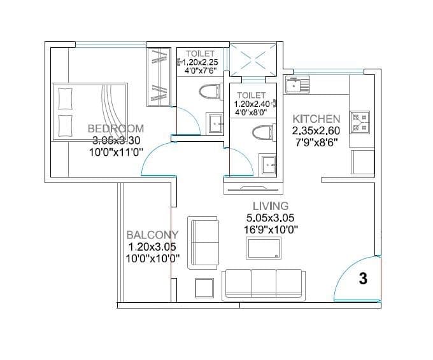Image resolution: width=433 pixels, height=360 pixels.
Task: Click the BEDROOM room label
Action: click(116, 128)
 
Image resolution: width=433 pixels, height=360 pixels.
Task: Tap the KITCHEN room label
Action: click(316, 119)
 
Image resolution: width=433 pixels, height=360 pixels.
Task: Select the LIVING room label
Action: click(271, 206)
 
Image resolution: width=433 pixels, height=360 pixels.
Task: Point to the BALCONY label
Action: click(152, 235)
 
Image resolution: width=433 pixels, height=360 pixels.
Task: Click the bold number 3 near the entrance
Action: click(363, 279)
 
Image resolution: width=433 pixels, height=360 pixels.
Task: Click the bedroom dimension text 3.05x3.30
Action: click(116, 140)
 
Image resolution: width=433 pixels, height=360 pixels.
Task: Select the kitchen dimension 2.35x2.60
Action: click(316, 130)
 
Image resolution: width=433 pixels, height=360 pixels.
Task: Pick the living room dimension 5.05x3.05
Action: click(271, 218)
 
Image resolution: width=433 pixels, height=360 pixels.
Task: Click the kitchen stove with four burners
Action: click(360, 122)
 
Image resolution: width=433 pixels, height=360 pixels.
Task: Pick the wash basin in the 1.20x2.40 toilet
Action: click(267, 165)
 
